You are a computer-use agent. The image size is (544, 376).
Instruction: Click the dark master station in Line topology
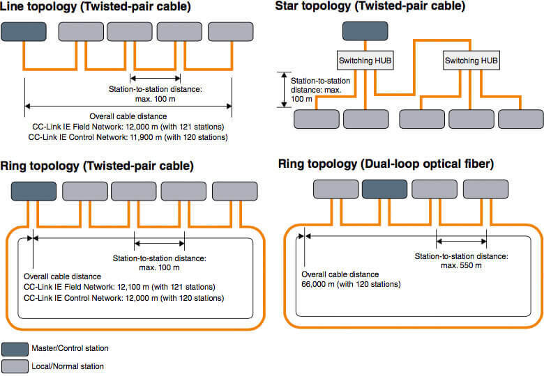(23, 31)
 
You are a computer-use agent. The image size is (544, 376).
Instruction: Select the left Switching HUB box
(365, 61)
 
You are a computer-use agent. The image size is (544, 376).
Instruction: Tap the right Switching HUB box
(471, 61)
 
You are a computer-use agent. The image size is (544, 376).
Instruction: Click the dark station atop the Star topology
(365, 31)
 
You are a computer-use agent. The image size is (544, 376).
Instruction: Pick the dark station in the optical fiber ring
(384, 189)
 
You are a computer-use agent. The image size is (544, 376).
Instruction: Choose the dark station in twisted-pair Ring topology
(33, 191)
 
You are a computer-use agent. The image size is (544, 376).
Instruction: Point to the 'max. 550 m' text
(460, 266)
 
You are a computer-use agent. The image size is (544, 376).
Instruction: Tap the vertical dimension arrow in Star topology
(283, 89)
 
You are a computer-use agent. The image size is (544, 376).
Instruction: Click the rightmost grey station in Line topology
(230, 31)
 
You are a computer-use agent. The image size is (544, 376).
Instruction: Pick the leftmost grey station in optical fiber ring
(335, 189)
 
